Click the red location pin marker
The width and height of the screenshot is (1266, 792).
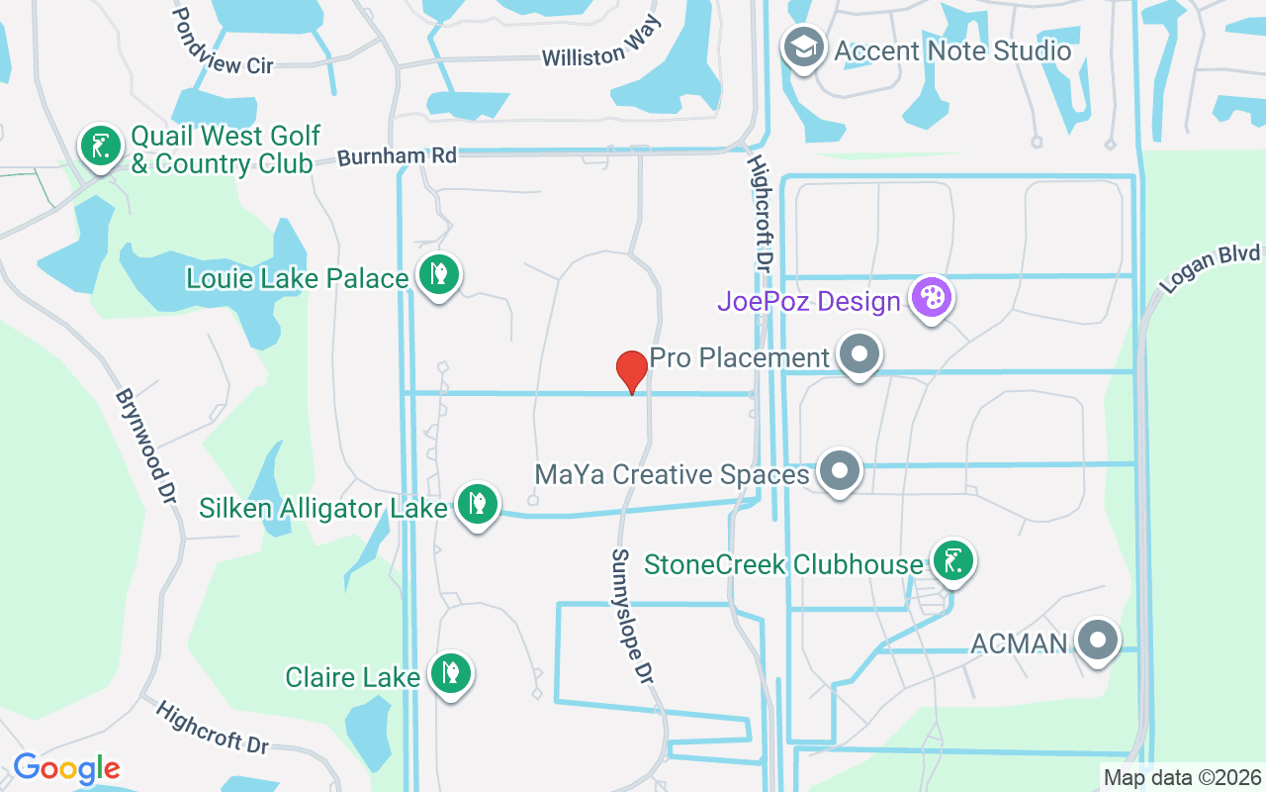(x=631, y=371)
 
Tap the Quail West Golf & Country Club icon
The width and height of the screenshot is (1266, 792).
(x=100, y=148)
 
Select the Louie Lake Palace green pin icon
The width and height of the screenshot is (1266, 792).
(x=438, y=275)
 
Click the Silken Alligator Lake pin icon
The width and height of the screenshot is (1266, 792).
(x=477, y=505)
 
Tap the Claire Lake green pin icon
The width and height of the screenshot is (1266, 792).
(x=451, y=674)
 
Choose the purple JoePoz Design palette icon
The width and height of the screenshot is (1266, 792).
(x=931, y=297)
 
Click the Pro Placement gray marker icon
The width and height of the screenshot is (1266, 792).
(x=859, y=354)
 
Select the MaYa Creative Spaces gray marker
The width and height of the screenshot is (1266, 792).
(x=840, y=472)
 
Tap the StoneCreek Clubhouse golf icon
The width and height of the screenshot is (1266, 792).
(x=951, y=561)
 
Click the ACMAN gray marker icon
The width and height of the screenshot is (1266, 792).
(x=1097, y=641)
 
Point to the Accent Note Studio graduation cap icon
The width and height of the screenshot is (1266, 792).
(x=804, y=49)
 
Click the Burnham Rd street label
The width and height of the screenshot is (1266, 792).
(x=398, y=156)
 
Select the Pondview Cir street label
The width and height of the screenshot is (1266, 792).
(x=223, y=43)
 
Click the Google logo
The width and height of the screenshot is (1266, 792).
(x=66, y=768)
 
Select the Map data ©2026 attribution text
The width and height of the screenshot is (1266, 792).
(x=1182, y=777)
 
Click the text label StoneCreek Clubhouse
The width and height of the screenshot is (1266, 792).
(x=783, y=564)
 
